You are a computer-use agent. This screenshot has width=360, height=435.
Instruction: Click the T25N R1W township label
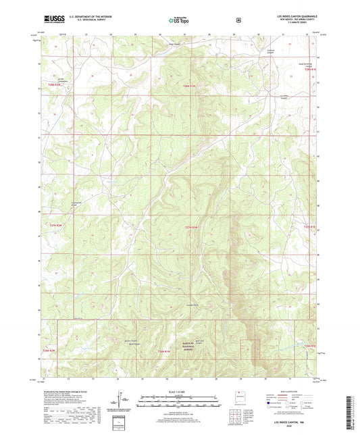click(x=192, y=228)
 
